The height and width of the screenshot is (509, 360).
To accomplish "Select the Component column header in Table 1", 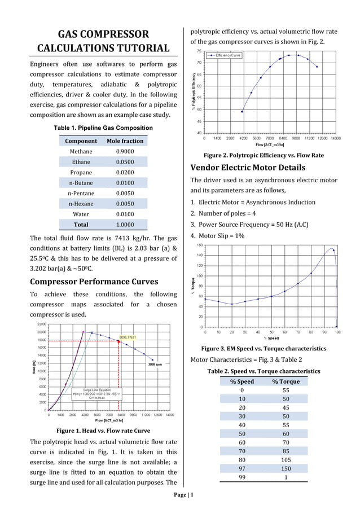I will pos(81,141).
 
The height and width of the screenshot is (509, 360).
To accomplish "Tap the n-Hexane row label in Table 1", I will pos(81,204).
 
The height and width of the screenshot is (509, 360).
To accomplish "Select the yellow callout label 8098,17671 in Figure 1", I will pos(128,337).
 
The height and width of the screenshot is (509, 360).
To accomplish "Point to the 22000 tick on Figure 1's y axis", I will pos(41,324).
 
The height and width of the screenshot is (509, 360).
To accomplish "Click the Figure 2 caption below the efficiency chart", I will pos(264,155).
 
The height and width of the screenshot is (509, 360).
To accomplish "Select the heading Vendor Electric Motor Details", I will pos(248,168).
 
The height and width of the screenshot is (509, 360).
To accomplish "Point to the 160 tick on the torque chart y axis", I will pos(200,245).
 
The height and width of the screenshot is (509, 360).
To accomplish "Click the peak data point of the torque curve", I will pos(333,250).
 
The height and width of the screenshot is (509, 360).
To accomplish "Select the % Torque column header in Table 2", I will pos(286,381).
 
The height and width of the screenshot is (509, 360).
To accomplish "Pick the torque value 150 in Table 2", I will pos(286,468).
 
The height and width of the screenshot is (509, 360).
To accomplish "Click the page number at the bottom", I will pos(184,495).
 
